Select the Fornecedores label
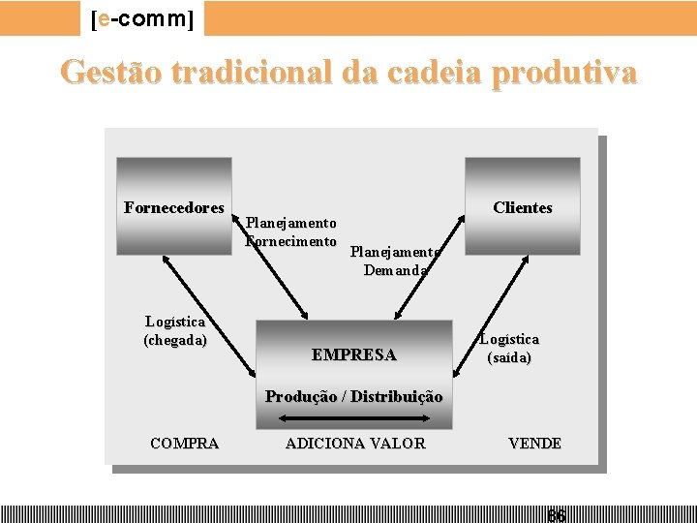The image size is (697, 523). point(174,207)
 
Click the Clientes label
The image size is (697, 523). point(523,207)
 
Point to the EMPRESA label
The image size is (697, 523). point(353,354)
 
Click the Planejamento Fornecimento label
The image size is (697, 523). point(291,232)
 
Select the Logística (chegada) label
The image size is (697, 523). point(175,330)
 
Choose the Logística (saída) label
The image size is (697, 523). point(509,348)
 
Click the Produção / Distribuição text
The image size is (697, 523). point(353,396)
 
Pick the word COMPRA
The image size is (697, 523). point(184,444)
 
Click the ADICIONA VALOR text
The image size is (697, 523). point(354,444)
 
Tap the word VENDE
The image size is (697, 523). point(534,444)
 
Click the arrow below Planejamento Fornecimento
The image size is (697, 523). point(275,281)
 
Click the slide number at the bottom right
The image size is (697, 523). point(557,515)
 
